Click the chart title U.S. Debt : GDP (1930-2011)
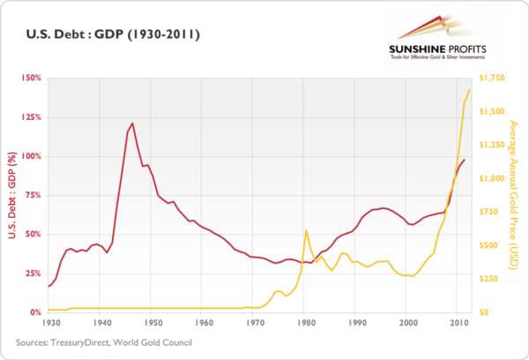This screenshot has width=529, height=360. [105, 36]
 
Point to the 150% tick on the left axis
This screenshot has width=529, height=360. [31, 79]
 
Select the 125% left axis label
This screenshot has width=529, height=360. [31, 117]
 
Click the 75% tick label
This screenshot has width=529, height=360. [33, 195]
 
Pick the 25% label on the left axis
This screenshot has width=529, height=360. [33, 274]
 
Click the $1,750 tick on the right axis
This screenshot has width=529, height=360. [492, 79]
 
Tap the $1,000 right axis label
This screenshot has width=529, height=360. [492, 178]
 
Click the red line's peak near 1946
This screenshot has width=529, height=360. [132, 124]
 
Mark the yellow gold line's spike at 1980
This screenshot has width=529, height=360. [306, 230]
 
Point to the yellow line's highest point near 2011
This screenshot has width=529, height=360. [469, 90]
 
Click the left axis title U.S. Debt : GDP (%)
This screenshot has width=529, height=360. [12, 195]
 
